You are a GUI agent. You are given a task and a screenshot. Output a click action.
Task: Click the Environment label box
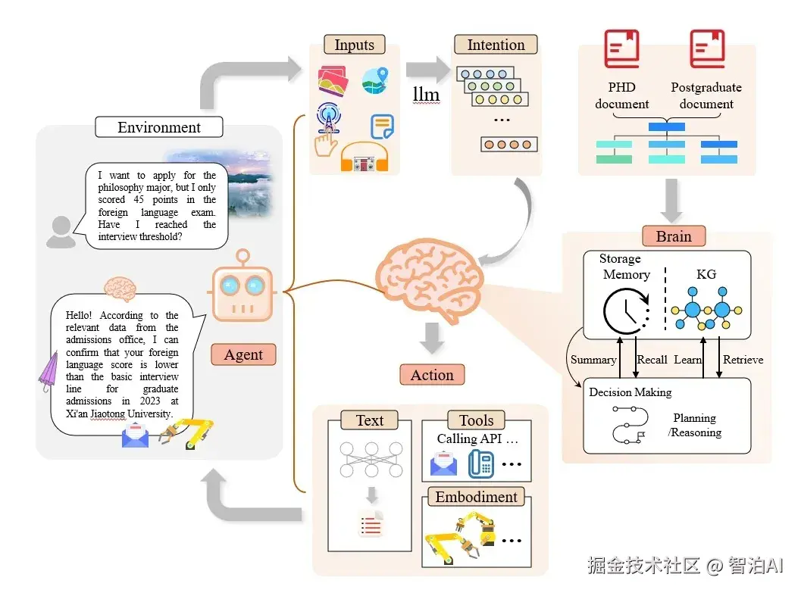pos(159,127)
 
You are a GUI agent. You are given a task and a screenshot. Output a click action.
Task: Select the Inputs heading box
pos(354,45)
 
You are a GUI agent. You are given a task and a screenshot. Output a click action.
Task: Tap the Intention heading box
pos(496,45)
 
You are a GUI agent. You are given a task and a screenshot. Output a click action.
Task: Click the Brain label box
pos(674,236)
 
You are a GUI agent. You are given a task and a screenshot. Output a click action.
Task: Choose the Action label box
pos(432,375)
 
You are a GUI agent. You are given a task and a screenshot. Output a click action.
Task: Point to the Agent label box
pos(243,354)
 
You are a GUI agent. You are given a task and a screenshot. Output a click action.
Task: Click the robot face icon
pos(242,286)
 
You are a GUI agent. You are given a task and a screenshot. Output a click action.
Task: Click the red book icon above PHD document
pos(621,49)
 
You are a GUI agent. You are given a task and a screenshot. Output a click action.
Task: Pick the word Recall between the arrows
pos(652,360)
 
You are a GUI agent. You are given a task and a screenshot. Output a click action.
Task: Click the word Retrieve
pos(743,360)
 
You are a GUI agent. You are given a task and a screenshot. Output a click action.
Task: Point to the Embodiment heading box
pos(476,497)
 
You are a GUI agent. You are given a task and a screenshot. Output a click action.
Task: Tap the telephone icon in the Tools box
pos(480,463)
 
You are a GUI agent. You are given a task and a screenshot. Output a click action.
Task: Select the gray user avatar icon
pos(61,232)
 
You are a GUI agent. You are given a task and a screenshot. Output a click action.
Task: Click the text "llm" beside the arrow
pos(426,94)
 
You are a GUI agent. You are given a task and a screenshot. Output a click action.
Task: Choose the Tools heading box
pos(476,420)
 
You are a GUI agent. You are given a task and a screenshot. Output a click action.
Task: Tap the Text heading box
pos(370,420)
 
